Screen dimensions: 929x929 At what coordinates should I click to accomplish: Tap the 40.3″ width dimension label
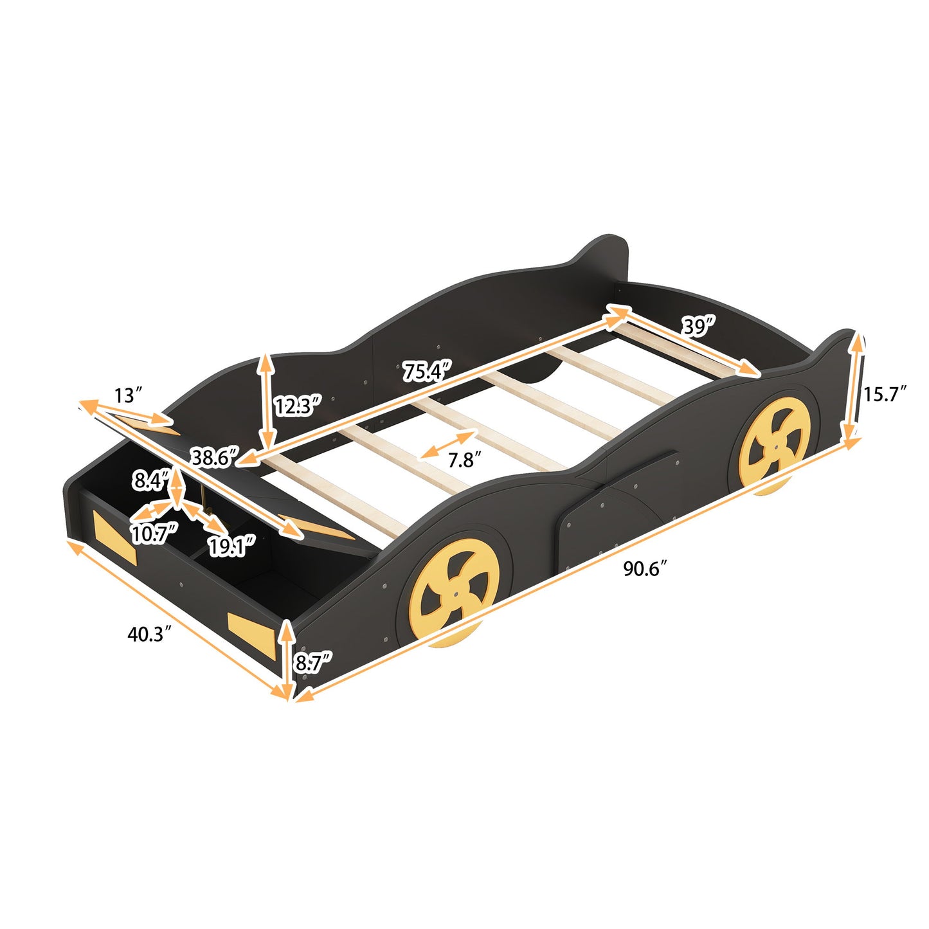(x=149, y=635)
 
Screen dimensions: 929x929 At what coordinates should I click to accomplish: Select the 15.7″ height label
(x=885, y=394)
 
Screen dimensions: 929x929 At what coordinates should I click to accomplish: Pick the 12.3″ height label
(x=298, y=406)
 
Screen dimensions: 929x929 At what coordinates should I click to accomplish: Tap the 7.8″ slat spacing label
(x=465, y=460)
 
